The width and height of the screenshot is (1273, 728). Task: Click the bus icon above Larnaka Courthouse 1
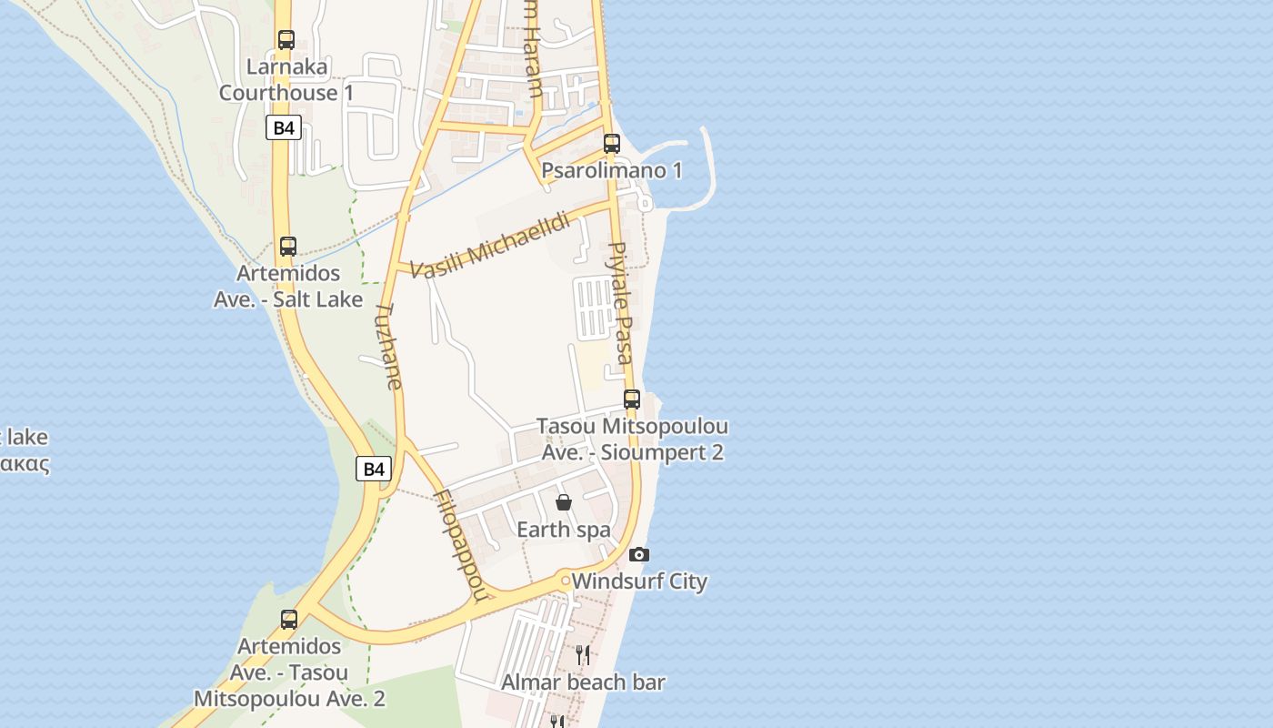click(286, 40)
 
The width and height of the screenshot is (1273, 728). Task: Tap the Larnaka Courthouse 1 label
click(286, 80)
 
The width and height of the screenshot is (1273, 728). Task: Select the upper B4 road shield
click(284, 127)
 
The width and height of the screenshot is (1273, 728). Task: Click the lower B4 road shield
click(374, 469)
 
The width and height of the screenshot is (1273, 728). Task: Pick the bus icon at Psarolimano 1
click(612, 143)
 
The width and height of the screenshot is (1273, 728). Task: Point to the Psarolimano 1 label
click(612, 170)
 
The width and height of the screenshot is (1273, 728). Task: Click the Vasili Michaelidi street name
click(490, 245)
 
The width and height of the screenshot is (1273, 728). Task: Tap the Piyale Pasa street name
click(619, 302)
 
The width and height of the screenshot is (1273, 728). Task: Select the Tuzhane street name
click(388, 347)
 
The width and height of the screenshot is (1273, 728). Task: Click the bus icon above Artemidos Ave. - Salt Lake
click(288, 247)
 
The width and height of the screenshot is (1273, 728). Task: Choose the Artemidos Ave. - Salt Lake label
click(288, 286)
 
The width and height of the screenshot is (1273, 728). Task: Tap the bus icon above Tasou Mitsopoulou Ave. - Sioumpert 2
click(632, 399)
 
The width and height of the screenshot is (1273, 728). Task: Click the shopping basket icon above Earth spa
click(564, 502)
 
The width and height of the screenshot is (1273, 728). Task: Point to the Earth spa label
click(564, 530)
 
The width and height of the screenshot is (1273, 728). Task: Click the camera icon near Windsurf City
click(639, 554)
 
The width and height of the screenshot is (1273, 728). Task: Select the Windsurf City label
click(639, 581)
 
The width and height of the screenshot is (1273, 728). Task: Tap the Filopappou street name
click(463, 546)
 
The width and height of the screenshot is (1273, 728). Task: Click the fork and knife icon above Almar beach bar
click(583, 654)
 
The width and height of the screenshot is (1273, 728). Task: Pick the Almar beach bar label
click(583, 682)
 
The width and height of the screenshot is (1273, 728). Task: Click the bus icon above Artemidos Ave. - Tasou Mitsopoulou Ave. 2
click(289, 620)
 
